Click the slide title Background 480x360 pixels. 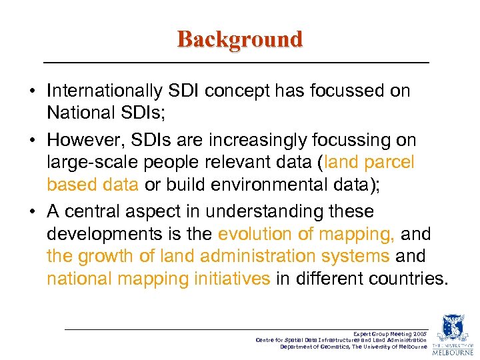239,39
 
